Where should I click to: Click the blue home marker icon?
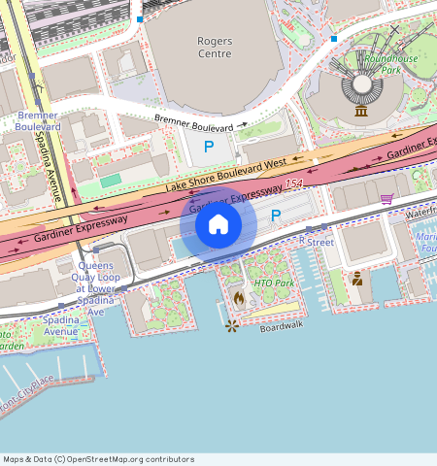[x=218, y=224]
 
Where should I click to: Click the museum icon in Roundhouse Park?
[x=361, y=111]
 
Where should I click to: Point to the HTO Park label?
[x=273, y=283]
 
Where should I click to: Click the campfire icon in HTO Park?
[x=239, y=297]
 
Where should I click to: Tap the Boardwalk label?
[x=282, y=327]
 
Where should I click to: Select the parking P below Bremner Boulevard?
[x=209, y=147]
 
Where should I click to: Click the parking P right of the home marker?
[x=275, y=216]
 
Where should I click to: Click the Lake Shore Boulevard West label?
[x=225, y=176]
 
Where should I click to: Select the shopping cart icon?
[x=387, y=198]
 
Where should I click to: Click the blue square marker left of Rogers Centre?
[x=140, y=19]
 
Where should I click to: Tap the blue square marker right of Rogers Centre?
[x=333, y=39]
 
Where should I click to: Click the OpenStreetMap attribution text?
[x=98, y=459]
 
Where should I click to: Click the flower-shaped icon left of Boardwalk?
[x=231, y=326]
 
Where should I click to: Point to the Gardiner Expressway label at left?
[x=82, y=227]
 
